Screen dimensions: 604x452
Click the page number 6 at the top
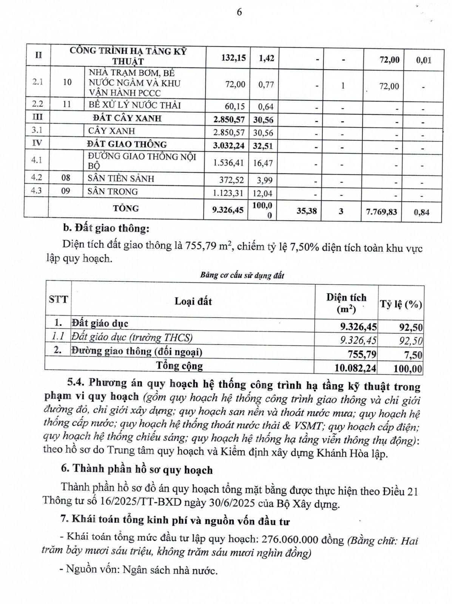tap(239, 12)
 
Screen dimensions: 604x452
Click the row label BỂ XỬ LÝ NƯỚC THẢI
tap(134, 105)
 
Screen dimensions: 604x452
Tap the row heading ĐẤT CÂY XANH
tap(127, 118)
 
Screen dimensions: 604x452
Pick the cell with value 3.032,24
tap(228, 146)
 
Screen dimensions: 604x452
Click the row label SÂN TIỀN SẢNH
tap(121, 178)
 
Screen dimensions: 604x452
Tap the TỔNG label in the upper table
tap(126, 208)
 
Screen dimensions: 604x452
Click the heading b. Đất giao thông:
tap(106, 229)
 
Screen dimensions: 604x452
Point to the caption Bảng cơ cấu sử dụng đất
tap(242, 275)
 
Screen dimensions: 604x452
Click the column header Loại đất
tap(193, 301)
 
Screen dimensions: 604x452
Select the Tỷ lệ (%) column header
tap(401, 304)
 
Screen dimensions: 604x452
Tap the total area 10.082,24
tap(355, 367)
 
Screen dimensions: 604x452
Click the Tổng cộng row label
tap(179, 366)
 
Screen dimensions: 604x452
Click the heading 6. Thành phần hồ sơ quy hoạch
tap(137, 470)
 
